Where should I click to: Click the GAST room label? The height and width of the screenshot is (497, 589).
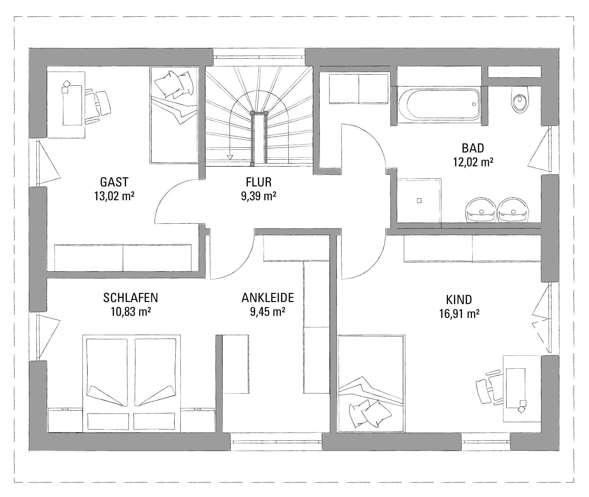pyautogui.click(x=114, y=182)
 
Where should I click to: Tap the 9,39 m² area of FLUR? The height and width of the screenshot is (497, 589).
pyautogui.click(x=258, y=196)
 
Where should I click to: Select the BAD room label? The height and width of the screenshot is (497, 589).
pyautogui.click(x=473, y=148)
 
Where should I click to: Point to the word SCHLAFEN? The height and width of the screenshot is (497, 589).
pyautogui.click(x=131, y=297)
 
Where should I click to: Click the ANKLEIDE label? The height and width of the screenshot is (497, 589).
pyautogui.click(x=268, y=297)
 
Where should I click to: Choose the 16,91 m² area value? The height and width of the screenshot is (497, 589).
pyautogui.click(x=459, y=314)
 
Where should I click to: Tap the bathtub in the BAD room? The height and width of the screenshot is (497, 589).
pyautogui.click(x=439, y=104)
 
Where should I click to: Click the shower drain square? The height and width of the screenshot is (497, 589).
pyautogui.click(x=419, y=201)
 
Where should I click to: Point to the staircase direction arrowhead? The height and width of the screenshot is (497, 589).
pyautogui.click(x=230, y=157)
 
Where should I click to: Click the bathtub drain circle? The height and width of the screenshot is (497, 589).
pyautogui.click(x=474, y=104)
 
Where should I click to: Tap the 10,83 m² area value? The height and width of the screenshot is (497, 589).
pyautogui.click(x=131, y=312)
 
